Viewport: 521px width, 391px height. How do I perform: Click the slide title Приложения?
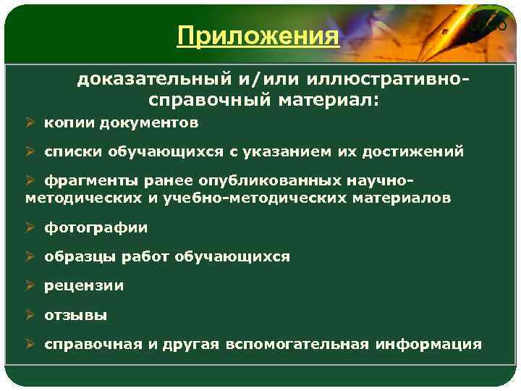(x=258, y=35)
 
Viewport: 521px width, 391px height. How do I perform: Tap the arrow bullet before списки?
(x=30, y=152)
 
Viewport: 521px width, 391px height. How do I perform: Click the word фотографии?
(x=96, y=227)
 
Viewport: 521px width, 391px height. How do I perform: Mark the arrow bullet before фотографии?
(x=30, y=227)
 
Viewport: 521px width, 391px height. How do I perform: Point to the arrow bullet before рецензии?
(x=30, y=285)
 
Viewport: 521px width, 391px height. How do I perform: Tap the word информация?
(x=428, y=344)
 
